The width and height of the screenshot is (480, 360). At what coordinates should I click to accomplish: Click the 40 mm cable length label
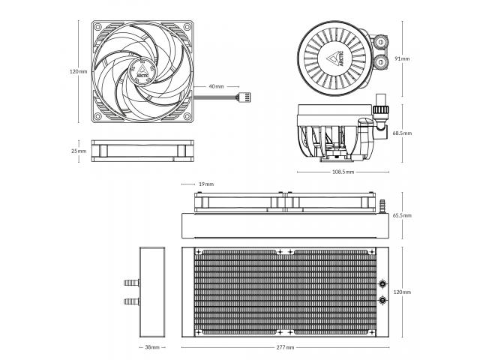(216, 87)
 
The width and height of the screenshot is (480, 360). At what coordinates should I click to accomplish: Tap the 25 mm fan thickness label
(79, 151)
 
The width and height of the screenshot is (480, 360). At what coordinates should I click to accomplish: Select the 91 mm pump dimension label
(402, 58)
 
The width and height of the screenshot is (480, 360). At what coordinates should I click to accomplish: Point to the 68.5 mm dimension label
(402, 133)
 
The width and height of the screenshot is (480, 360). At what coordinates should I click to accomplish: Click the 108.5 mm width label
(343, 172)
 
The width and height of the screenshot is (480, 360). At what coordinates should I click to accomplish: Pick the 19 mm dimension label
(206, 184)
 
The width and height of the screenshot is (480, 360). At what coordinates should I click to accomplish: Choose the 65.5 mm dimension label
(402, 215)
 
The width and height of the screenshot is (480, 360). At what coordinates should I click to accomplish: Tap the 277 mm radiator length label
(285, 347)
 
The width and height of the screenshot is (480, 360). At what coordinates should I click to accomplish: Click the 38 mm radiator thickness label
(152, 347)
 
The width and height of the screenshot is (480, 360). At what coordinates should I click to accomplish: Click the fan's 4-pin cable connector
(245, 97)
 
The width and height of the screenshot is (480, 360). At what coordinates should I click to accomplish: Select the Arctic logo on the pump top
(336, 58)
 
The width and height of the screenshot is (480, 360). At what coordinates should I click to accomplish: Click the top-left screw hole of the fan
(97, 27)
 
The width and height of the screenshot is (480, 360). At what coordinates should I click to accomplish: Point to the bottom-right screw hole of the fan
(187, 116)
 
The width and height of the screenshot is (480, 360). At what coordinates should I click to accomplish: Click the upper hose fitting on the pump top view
(380, 40)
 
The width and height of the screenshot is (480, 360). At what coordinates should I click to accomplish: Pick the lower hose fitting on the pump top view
(380, 61)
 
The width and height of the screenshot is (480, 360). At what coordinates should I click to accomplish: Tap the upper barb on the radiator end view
(132, 283)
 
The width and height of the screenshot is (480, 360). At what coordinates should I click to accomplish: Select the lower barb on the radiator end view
(132, 301)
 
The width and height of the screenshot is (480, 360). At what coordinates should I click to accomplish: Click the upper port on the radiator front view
(382, 284)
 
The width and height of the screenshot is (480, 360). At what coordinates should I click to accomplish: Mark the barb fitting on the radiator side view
(382, 206)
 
